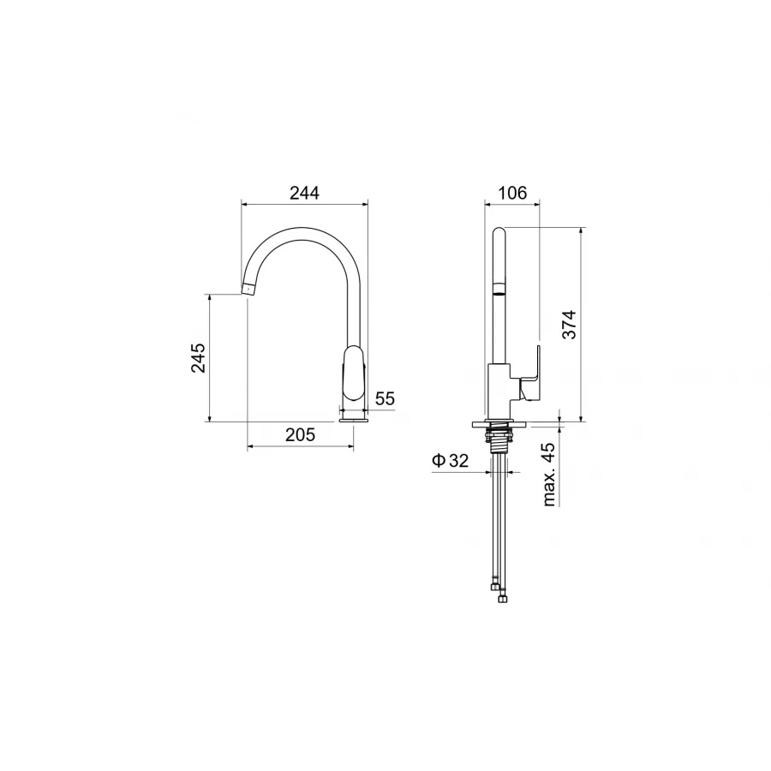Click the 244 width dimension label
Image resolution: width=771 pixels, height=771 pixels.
coord(304,193)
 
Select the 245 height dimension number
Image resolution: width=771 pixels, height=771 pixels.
coord(199,357)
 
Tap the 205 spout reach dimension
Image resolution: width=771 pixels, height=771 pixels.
coord(300,434)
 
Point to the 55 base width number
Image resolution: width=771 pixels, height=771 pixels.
coord(385,398)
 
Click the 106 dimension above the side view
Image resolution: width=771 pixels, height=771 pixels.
coord(512,193)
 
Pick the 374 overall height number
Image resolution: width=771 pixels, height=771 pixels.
coord(569,325)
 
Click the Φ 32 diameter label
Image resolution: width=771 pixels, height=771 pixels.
coord(451,461)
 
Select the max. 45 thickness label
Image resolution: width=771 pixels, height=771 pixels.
coord(549,474)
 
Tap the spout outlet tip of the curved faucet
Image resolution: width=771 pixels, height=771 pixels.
coord(248,288)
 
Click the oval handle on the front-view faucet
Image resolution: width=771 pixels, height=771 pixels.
coord(354,373)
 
